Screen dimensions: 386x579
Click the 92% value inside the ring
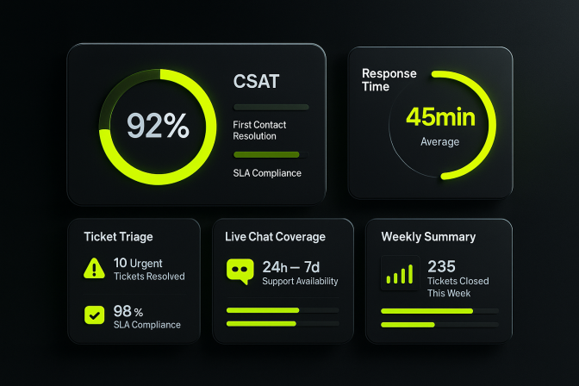pos(158,126)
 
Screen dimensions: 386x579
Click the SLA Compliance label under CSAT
pos(267,173)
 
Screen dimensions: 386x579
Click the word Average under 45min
pos(439,141)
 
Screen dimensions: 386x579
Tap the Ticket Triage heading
pos(119,236)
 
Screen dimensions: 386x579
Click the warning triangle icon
pos(94,269)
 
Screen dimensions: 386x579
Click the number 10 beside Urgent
pos(120,263)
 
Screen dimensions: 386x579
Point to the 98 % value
pos(128,310)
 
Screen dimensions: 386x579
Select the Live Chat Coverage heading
pos(276,236)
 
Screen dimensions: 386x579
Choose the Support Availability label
pos(300,281)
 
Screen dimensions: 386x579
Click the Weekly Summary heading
pos(428,236)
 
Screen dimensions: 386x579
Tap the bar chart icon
pos(399,274)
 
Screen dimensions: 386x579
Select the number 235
pos(441,266)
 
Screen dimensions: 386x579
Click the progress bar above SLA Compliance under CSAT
pos(267,155)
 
